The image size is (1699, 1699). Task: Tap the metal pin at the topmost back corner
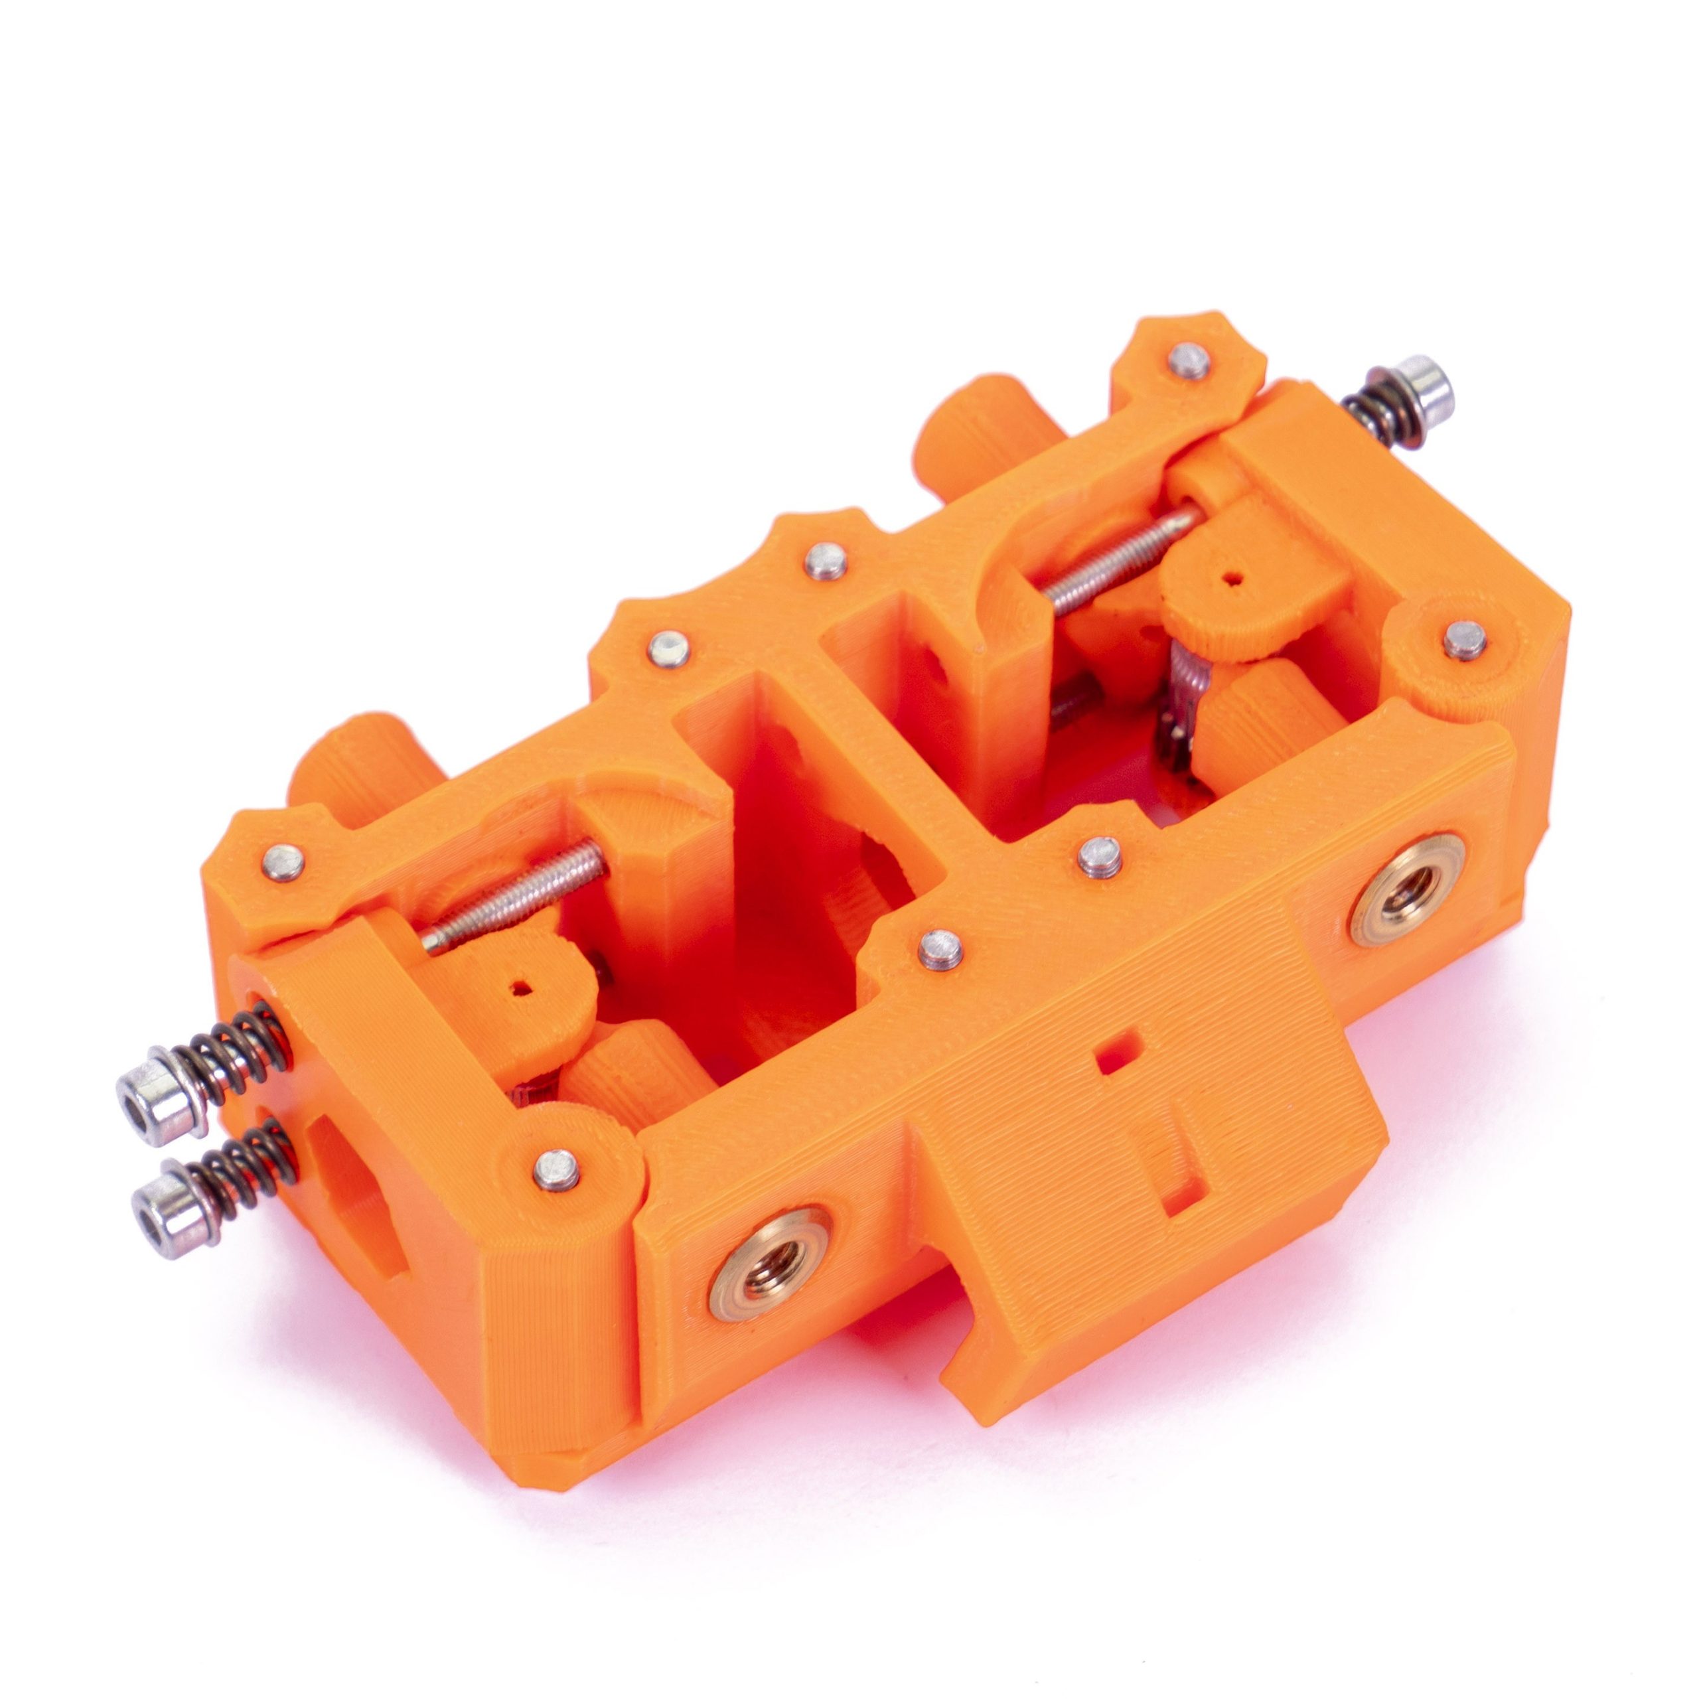(x=1189, y=360)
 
